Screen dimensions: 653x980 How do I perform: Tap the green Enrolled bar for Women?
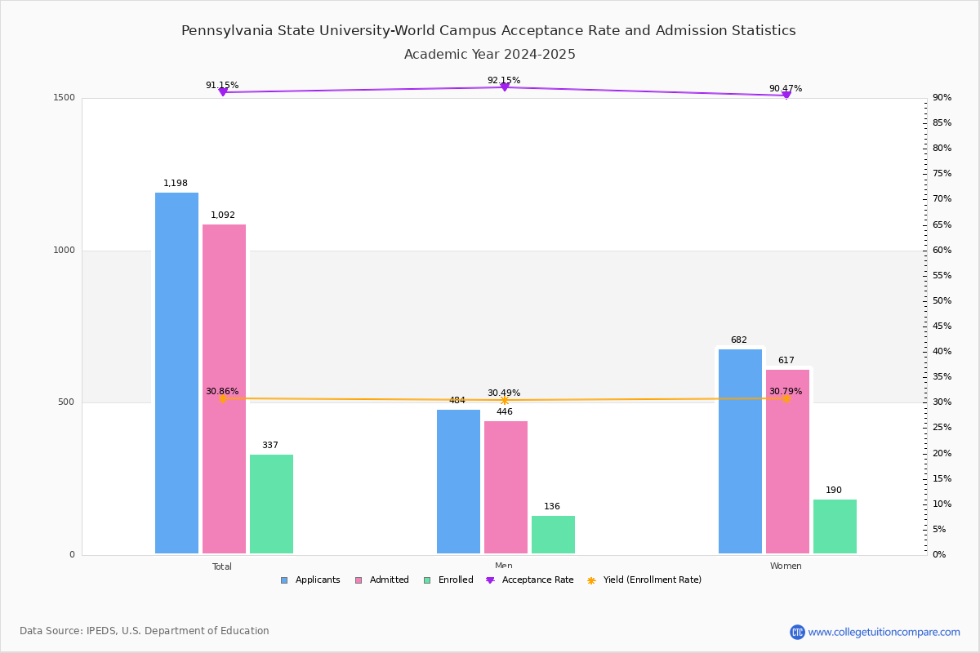click(835, 526)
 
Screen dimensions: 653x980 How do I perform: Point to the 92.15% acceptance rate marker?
click(505, 87)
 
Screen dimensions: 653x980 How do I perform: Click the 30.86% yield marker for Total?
click(222, 398)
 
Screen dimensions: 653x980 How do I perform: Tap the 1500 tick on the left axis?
click(66, 98)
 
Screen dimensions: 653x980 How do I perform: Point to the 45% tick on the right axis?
click(942, 326)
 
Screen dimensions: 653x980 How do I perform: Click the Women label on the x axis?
click(786, 566)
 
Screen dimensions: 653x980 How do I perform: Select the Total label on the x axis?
click(222, 566)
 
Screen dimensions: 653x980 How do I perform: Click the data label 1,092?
click(223, 215)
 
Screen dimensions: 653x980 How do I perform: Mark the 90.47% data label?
click(786, 89)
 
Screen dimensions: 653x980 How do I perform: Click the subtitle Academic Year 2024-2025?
click(490, 55)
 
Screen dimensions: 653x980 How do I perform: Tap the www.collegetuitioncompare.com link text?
click(884, 632)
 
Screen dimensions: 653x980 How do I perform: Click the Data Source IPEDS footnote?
click(145, 631)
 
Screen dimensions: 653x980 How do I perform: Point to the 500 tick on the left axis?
click(66, 402)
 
